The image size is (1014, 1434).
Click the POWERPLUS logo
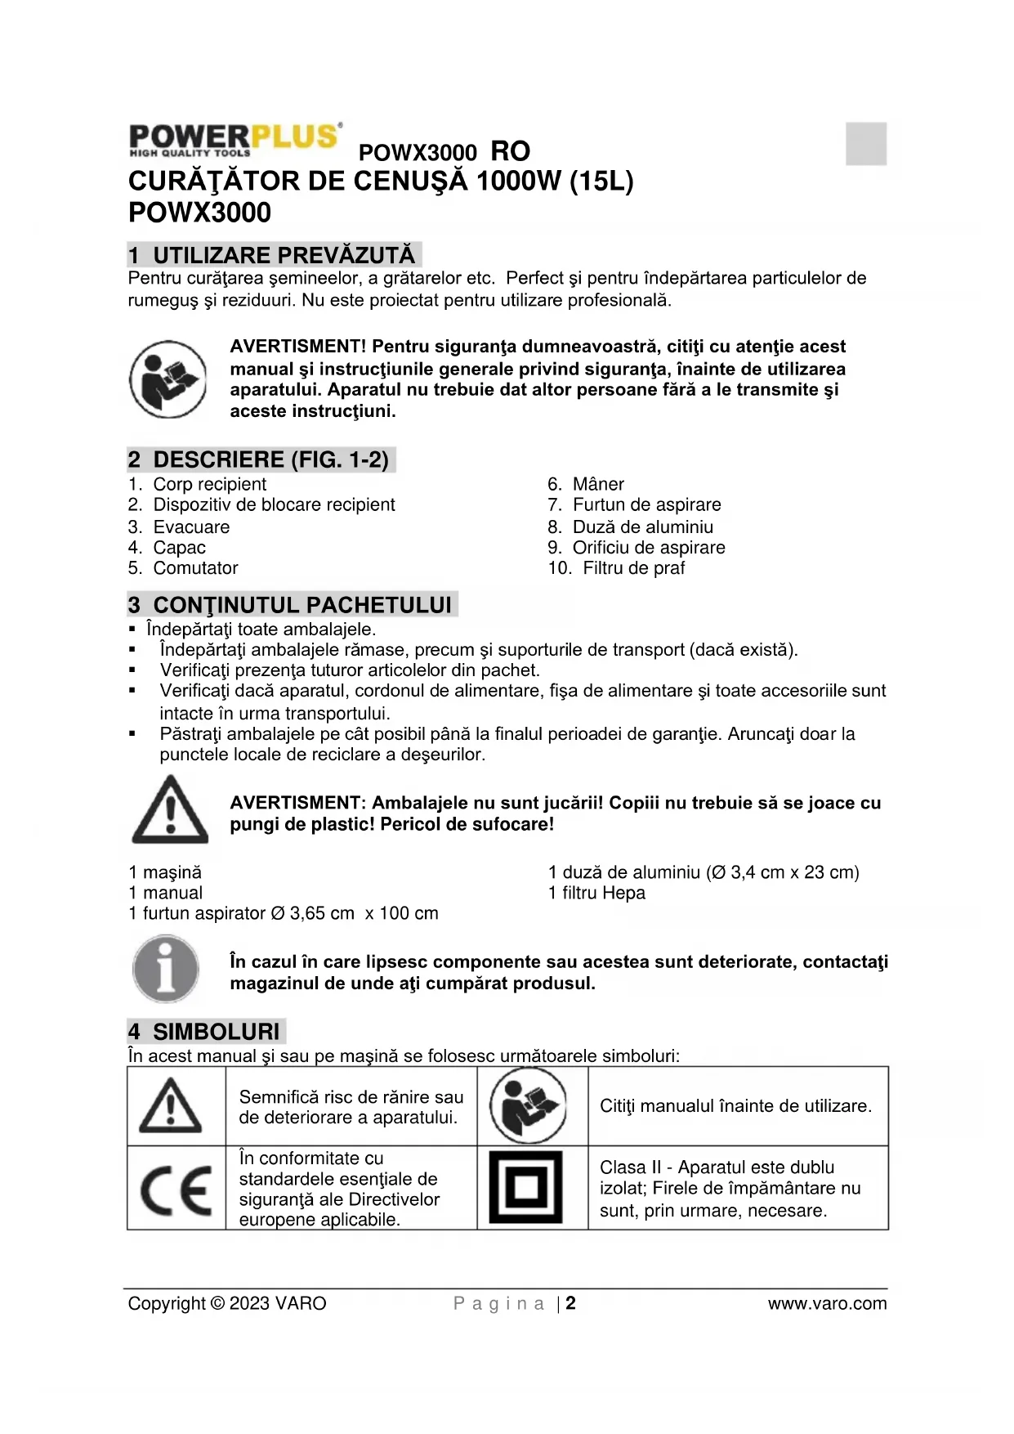click(x=235, y=139)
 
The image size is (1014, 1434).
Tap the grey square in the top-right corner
click(x=866, y=143)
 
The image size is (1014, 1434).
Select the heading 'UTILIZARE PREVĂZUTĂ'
click(x=284, y=255)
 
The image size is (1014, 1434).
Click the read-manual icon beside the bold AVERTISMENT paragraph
click(x=168, y=379)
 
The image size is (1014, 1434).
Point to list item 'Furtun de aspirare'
click(x=646, y=504)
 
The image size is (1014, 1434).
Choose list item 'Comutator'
click(x=195, y=567)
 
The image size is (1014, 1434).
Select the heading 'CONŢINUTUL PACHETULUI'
click(x=302, y=605)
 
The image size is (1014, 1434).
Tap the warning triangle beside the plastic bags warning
click(x=170, y=810)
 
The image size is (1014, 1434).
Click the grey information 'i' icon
click(x=166, y=970)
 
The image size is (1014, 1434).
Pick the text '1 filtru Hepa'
click(x=596, y=893)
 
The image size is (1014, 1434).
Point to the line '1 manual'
click(x=166, y=893)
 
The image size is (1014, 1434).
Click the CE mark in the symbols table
click(x=176, y=1190)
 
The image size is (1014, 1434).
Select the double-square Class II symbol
click(x=526, y=1187)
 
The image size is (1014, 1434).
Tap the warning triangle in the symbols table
click(x=171, y=1105)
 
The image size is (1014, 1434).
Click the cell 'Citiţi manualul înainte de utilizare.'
click(x=735, y=1105)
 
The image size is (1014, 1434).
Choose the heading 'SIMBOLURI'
click(x=216, y=1032)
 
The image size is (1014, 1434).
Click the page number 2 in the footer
click(x=570, y=1303)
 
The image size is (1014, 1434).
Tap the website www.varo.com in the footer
click(x=827, y=1303)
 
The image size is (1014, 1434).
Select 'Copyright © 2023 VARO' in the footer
click(x=227, y=1303)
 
